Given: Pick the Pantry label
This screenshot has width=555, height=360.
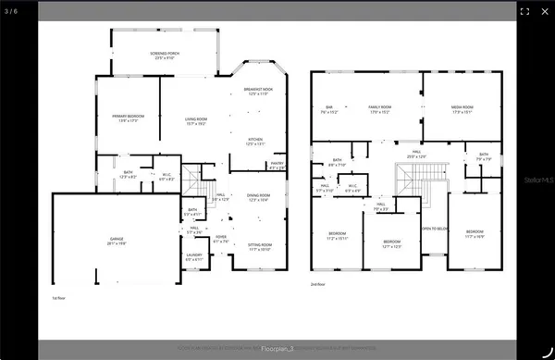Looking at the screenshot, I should (x=277, y=166).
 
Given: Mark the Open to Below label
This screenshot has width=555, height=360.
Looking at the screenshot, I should (x=435, y=229).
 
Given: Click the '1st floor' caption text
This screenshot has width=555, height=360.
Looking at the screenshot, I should (x=60, y=299).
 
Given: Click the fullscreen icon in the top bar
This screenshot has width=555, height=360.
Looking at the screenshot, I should (x=524, y=11).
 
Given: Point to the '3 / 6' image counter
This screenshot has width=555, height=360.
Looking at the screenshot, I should (x=12, y=10).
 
